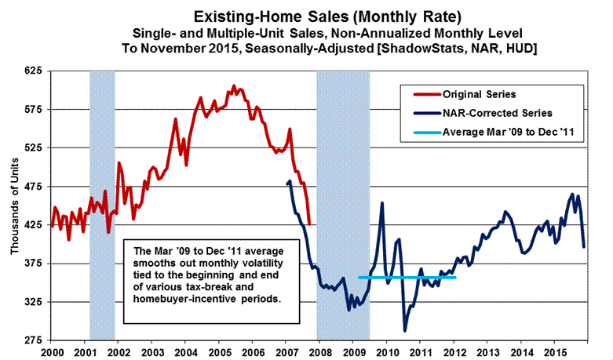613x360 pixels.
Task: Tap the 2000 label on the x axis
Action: coord(52,352)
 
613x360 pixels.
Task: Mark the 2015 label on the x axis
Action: coord(553,352)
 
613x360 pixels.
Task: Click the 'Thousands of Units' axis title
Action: coord(14,205)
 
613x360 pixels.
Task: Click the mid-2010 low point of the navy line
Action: coord(405,330)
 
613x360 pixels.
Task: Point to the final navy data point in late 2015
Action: coord(584,247)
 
